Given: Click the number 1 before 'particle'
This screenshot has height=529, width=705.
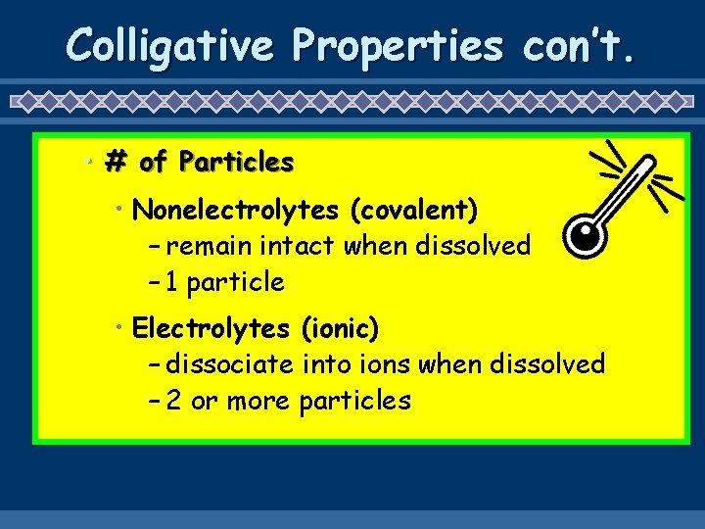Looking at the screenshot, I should pyautogui.click(x=171, y=283).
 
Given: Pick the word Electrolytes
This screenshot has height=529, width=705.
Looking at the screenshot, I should pyautogui.click(x=211, y=327).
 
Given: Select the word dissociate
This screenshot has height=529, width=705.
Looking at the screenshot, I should pyautogui.click(x=230, y=364).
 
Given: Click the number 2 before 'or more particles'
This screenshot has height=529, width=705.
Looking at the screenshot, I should pyautogui.click(x=173, y=401).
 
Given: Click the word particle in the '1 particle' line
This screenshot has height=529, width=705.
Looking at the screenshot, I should pyautogui.click(x=236, y=283).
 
